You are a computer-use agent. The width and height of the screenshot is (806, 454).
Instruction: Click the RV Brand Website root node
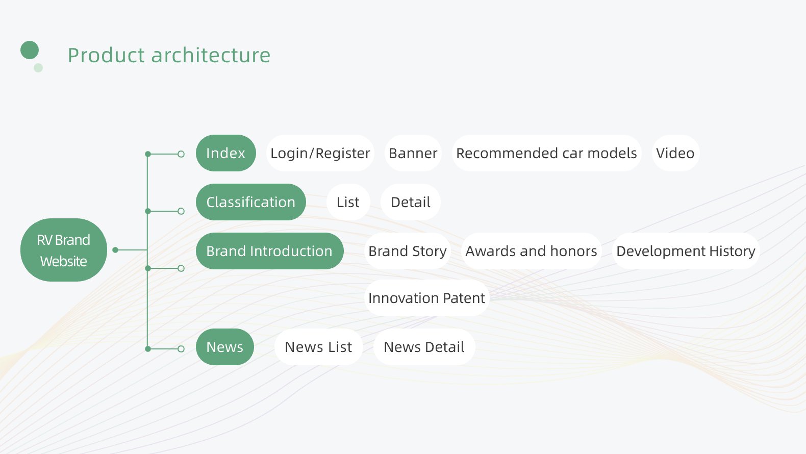pyautogui.click(x=64, y=250)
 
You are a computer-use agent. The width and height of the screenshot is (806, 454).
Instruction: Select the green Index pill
pyautogui.click(x=226, y=153)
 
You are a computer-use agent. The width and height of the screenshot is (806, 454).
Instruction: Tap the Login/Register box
pyautogui.click(x=320, y=153)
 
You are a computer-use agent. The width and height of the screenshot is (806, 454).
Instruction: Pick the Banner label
pyautogui.click(x=413, y=153)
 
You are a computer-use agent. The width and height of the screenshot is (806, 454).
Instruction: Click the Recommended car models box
pyautogui.click(x=546, y=153)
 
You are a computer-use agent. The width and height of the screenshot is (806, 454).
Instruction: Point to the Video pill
pyautogui.click(x=675, y=153)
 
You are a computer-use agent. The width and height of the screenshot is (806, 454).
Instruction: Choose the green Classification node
pyautogui.click(x=251, y=202)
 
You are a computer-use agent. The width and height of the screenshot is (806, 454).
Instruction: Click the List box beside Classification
pyautogui.click(x=348, y=202)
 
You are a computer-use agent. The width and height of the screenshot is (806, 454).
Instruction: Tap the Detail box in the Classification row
pyautogui.click(x=411, y=202)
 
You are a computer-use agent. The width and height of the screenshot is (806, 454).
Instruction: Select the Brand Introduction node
pyautogui.click(x=269, y=251)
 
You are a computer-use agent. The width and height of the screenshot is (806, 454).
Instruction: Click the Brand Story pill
pyautogui.click(x=407, y=251)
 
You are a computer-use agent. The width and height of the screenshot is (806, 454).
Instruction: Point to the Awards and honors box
pyautogui.click(x=531, y=251)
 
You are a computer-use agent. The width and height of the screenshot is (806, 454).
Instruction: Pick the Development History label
pyautogui.click(x=686, y=251)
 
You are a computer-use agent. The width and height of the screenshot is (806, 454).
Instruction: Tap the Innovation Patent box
pyautogui.click(x=427, y=298)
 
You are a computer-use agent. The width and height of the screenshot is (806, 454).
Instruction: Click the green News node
pyautogui.click(x=225, y=347)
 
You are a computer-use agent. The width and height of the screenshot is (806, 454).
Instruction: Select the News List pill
pyautogui.click(x=318, y=347)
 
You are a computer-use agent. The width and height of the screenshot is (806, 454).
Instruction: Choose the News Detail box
pyautogui.click(x=424, y=347)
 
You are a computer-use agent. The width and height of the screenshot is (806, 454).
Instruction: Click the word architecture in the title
pyautogui.click(x=211, y=56)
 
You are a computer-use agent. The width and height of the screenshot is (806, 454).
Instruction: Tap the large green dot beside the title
pyautogui.click(x=30, y=50)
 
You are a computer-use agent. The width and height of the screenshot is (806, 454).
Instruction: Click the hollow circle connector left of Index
pyautogui.click(x=181, y=155)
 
